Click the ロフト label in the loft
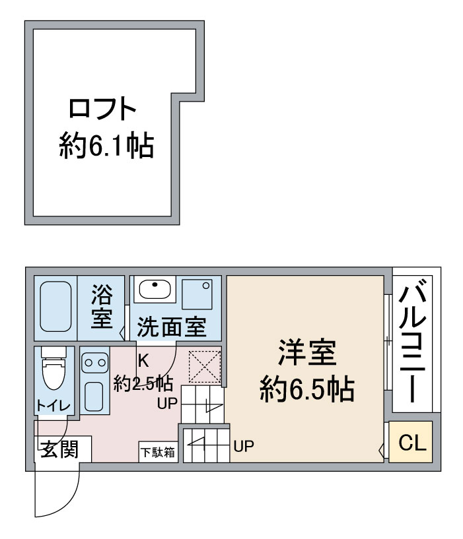pyautogui.click(x=102, y=109)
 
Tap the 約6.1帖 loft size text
pyautogui.click(x=106, y=146)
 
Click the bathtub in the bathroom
pyautogui.click(x=55, y=307)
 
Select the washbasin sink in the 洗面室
pyautogui.click(x=155, y=289)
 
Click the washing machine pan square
pyautogui.click(x=197, y=294)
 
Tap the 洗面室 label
pyautogui.click(x=172, y=327)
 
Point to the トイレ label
pyautogui.click(x=53, y=406)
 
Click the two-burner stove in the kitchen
pyautogui.click(x=94, y=363)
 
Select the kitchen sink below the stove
pyautogui.click(x=94, y=396)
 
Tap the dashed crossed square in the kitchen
pyautogui.click(x=205, y=366)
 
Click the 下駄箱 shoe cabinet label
pyautogui.click(x=158, y=453)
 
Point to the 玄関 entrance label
pyautogui.click(x=60, y=449)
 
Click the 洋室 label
pyautogui.click(x=307, y=352)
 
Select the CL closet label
pyautogui.click(x=412, y=443)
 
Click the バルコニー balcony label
pyautogui.click(x=413, y=340)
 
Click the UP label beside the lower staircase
pyautogui.click(x=244, y=446)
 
